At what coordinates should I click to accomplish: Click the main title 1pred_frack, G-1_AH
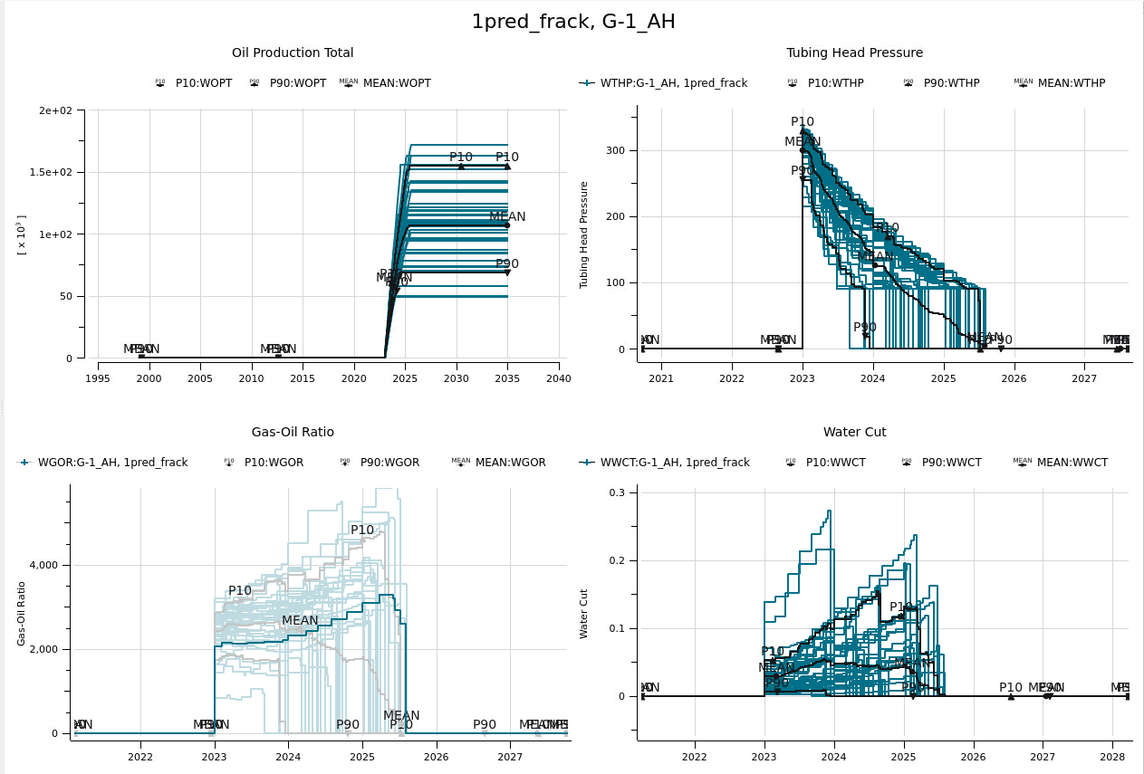(x=572, y=22)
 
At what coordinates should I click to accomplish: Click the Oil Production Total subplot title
(x=293, y=53)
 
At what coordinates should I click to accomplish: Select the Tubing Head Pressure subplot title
(x=854, y=53)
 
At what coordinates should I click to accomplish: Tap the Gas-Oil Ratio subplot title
(x=293, y=433)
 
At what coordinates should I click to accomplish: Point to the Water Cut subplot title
(x=854, y=433)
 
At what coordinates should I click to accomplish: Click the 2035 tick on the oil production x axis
(x=507, y=378)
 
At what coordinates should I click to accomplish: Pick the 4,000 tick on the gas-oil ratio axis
(x=43, y=565)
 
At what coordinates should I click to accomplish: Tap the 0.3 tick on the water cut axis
(x=616, y=492)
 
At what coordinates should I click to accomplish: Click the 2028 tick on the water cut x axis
(x=1112, y=756)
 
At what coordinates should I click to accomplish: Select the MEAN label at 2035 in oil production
(x=507, y=217)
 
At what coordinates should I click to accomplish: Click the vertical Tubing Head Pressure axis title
(x=584, y=234)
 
